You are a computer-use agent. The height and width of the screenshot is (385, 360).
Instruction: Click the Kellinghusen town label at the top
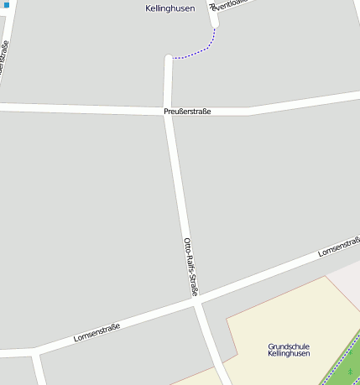point(170,8)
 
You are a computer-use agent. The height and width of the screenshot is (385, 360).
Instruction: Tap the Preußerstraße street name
point(187,112)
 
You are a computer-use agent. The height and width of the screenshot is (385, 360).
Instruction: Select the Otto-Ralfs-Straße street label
point(190,268)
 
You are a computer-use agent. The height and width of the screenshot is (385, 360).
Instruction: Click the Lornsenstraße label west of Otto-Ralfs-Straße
point(97,331)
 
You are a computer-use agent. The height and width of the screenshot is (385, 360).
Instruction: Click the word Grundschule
point(289,346)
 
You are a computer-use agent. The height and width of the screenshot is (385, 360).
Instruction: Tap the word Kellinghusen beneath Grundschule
point(289,354)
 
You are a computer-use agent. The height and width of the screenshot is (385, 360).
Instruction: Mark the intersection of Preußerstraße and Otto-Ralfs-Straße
point(169,112)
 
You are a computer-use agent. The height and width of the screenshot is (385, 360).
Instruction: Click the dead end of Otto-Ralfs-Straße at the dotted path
point(170,59)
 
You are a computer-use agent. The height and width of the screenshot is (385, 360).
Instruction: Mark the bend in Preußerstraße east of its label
point(248,111)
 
